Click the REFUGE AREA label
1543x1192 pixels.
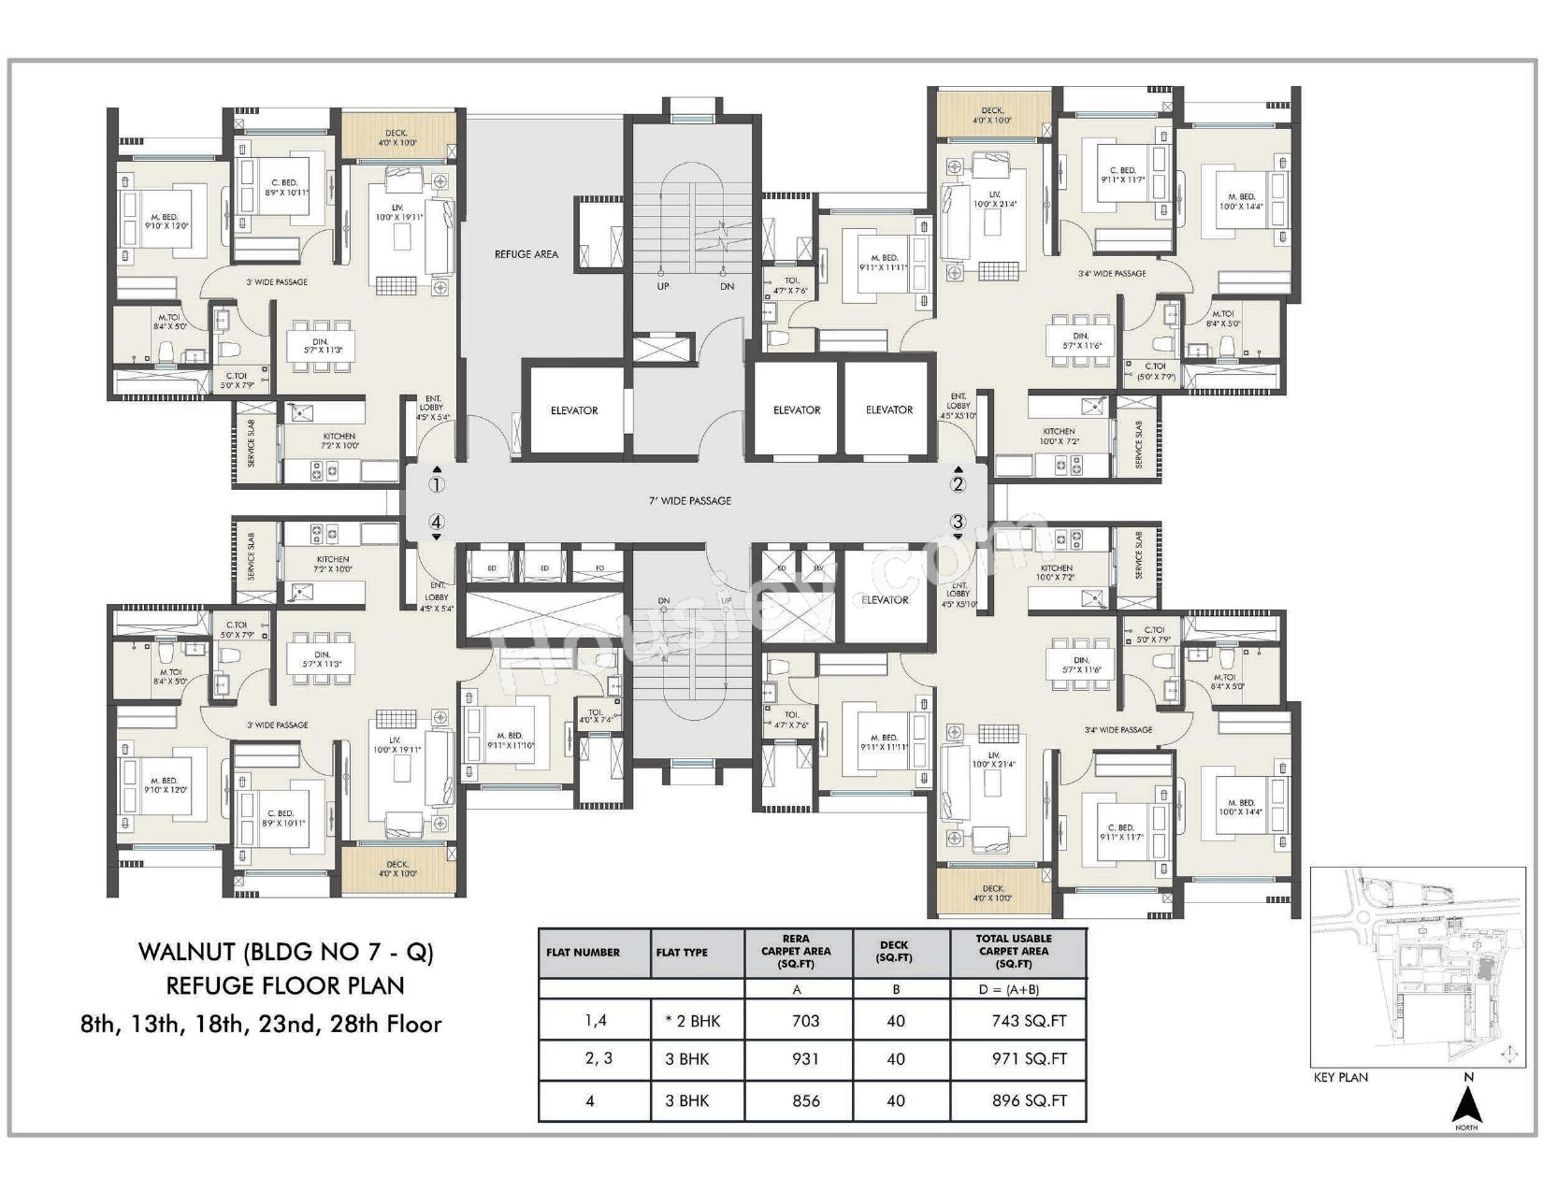coord(526,254)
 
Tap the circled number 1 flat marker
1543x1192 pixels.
coord(437,484)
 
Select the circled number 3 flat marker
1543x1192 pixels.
coord(958,522)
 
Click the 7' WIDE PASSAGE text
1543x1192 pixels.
coord(690,501)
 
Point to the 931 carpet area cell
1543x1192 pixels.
coord(804,1059)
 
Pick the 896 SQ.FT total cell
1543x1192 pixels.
coord(1029,1101)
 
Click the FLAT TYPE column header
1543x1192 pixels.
coord(682,953)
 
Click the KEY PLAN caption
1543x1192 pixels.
coord(1340,1077)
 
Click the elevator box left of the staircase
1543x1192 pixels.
coord(574,410)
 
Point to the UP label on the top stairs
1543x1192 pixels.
coord(663,286)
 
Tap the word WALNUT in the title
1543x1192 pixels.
coord(187,952)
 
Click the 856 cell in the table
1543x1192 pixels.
coord(805,1101)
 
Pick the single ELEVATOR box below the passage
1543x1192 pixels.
coord(885,600)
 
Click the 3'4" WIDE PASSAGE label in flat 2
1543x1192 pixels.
coord(1112,274)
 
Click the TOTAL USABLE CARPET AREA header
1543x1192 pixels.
coord(1014,951)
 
